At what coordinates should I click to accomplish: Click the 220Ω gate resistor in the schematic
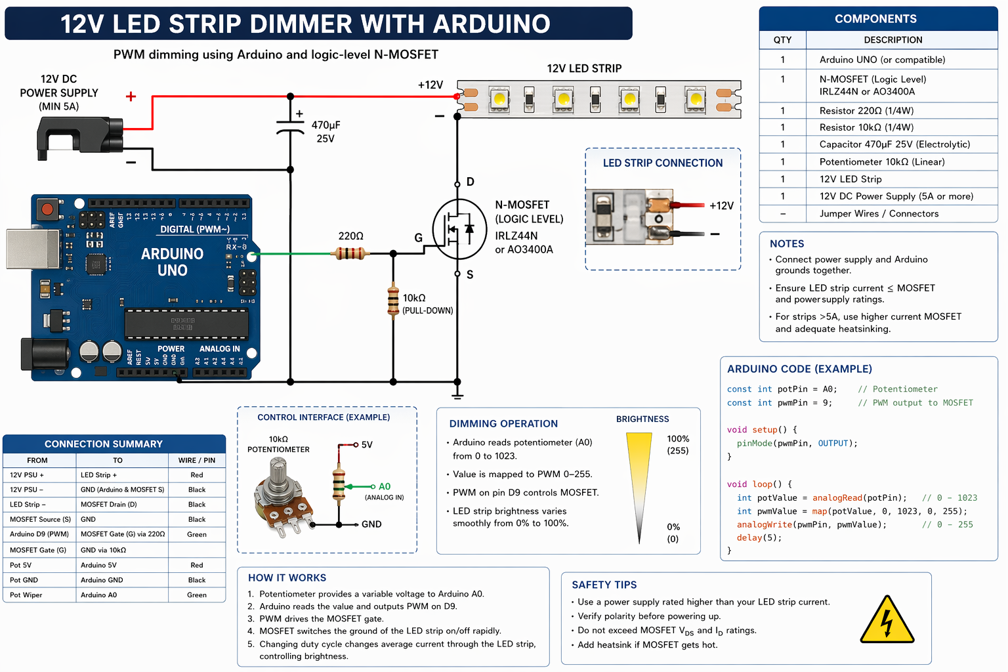[x=351, y=253]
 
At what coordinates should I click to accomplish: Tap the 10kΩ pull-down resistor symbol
[x=393, y=301]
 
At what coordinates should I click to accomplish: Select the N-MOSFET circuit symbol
[x=459, y=228]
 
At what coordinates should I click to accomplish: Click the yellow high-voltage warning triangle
[x=887, y=621]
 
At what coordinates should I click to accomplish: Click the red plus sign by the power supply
[x=131, y=96]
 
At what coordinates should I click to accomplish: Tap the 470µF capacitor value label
[x=325, y=131]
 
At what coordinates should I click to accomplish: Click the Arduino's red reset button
[x=47, y=210]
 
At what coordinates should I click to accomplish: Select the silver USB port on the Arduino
[x=24, y=249]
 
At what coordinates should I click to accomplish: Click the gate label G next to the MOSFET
[x=419, y=238]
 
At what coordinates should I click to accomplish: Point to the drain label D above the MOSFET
[x=470, y=182]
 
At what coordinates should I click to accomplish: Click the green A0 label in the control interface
[x=385, y=486]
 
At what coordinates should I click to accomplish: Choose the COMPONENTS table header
[x=875, y=19]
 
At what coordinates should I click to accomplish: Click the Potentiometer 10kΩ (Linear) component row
[x=881, y=162]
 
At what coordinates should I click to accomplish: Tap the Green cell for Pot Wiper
[x=197, y=595]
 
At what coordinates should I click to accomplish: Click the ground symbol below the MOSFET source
[x=457, y=395]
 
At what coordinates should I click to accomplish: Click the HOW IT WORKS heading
[x=287, y=578]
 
